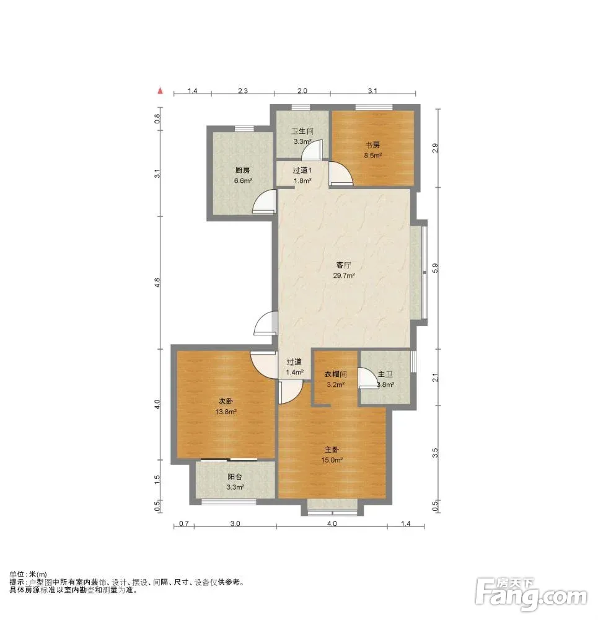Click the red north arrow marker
[x=160, y=91]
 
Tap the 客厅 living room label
[x=343, y=265]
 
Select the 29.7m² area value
[x=343, y=276]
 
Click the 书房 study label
[x=372, y=145]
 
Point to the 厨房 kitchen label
[x=243, y=170]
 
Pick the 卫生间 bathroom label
[x=302, y=131]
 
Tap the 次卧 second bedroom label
[x=226, y=401]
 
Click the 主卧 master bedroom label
[x=332, y=449]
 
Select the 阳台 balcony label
[x=235, y=477]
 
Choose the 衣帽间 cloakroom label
[x=335, y=374]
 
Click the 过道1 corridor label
[x=302, y=170]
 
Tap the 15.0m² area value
[x=332, y=460]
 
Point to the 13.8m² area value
[x=226, y=412]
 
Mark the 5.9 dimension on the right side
[x=435, y=268]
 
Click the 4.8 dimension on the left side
[x=157, y=282]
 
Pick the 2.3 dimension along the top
[x=243, y=91]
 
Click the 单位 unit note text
[x=29, y=574]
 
